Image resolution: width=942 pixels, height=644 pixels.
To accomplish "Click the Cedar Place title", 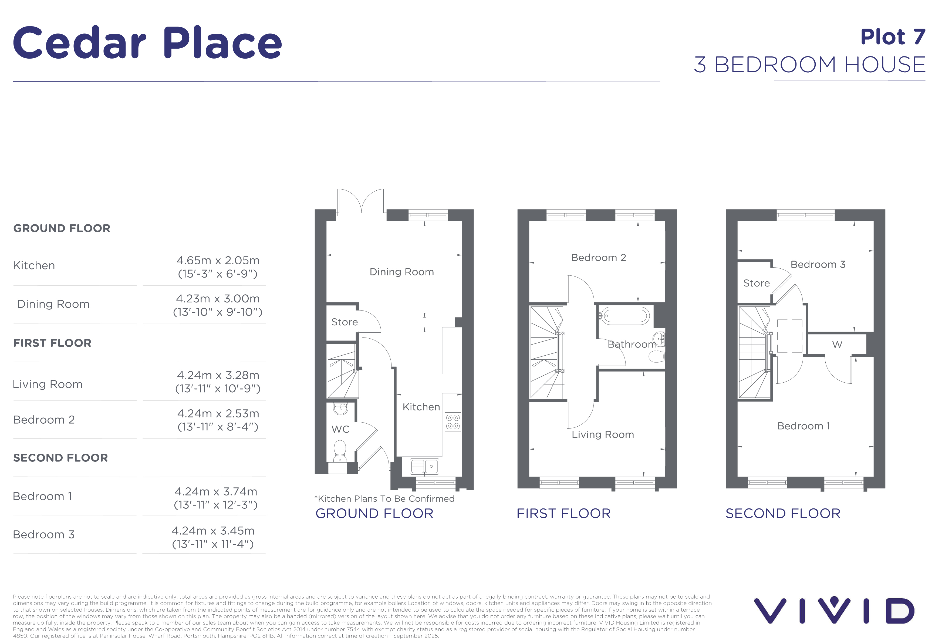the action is (x=147, y=43).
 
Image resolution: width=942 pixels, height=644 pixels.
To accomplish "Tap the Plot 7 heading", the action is (x=893, y=37).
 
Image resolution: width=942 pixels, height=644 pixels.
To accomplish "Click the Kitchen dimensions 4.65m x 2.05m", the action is (x=218, y=260).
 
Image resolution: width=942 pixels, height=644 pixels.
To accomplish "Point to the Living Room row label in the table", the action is (x=48, y=384).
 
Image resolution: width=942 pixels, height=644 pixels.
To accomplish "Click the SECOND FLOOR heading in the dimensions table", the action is (x=61, y=458).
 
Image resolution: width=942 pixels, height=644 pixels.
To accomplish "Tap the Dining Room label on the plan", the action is (x=402, y=272).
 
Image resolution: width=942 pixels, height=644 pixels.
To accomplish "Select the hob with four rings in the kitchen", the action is (x=453, y=422).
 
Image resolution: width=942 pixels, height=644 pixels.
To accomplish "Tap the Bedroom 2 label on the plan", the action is (x=599, y=258).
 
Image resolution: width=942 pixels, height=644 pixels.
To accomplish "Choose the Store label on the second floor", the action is (x=756, y=283).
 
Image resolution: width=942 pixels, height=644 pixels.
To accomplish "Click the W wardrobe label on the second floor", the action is (x=837, y=345).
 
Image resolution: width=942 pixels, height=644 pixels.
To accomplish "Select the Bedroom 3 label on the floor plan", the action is (x=818, y=265).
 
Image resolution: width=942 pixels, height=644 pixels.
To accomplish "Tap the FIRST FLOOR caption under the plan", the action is (x=563, y=514).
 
